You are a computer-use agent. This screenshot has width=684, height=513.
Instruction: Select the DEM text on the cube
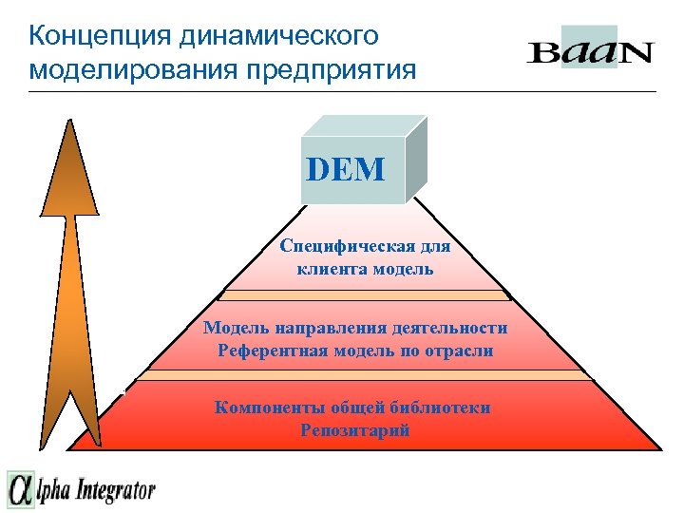[346, 170]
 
